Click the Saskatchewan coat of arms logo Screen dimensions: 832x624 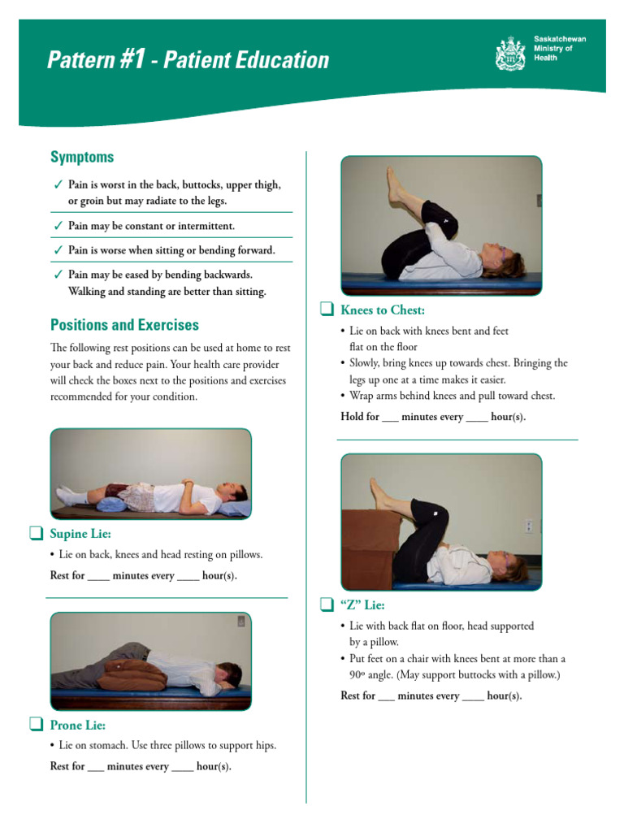pos(510,54)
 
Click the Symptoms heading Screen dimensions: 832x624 pos(82,157)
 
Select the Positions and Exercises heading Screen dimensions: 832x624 pos(124,325)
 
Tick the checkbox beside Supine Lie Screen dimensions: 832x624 pos(35,534)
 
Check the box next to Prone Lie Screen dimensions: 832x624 pos(35,725)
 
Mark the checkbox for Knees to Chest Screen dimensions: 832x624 pos(326,310)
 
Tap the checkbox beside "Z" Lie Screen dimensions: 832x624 pos(326,604)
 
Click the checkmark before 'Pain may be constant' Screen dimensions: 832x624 pos(57,226)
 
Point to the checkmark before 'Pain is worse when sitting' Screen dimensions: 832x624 pos(57,250)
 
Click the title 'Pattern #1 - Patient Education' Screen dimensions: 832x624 pos(188,60)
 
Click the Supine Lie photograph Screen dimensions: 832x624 pos(150,474)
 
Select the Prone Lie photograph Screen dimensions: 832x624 pos(150,661)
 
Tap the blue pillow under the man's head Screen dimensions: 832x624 pos(235,508)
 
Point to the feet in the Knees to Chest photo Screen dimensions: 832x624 pos(396,185)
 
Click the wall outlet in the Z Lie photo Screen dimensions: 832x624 pos(528,526)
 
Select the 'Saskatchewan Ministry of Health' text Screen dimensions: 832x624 pos(559,48)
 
